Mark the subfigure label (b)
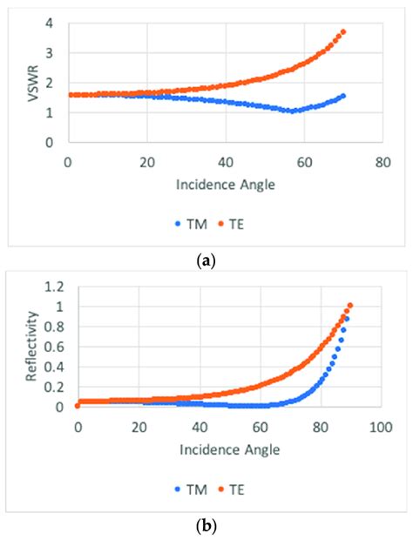pos(206,526)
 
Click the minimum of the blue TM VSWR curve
pos(294,111)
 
